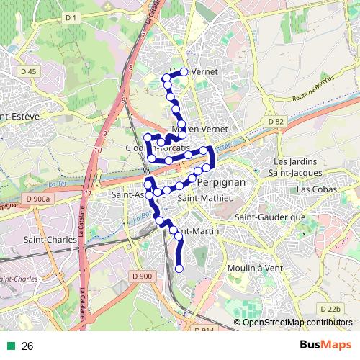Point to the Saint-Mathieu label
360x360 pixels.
tap(205, 198)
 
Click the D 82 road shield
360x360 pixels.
tap(274, 122)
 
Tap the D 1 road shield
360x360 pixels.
tap(71, 17)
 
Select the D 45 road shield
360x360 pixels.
tap(29, 71)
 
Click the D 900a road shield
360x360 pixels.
tap(37, 199)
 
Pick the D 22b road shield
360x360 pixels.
tap(330, 309)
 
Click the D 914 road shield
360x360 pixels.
tap(204, 330)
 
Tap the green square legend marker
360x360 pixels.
tap(11, 346)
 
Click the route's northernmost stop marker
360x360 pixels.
tap(184, 71)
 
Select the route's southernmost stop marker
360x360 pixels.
tap(179, 269)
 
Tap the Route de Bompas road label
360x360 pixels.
tap(314, 89)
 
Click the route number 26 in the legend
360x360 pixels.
tap(28, 346)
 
